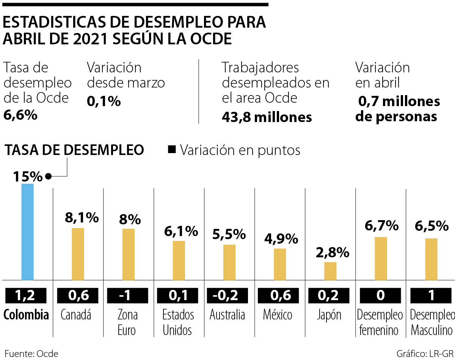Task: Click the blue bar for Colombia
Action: click(x=27, y=232)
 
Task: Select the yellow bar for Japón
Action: click(x=330, y=271)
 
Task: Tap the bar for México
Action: click(x=280, y=264)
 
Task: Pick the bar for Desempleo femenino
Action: click(x=381, y=258)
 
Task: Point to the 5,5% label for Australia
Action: click(x=229, y=235)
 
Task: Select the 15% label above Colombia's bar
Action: click(x=28, y=177)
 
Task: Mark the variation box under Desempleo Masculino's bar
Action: click(x=431, y=296)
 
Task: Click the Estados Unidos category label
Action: click(x=178, y=322)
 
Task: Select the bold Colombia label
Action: click(x=27, y=315)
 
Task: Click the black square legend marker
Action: click(x=172, y=150)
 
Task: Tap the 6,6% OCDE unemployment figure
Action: click(x=20, y=115)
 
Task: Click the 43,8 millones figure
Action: click(x=267, y=117)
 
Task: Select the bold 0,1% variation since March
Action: click(x=104, y=101)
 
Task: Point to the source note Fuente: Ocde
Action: click(x=31, y=354)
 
